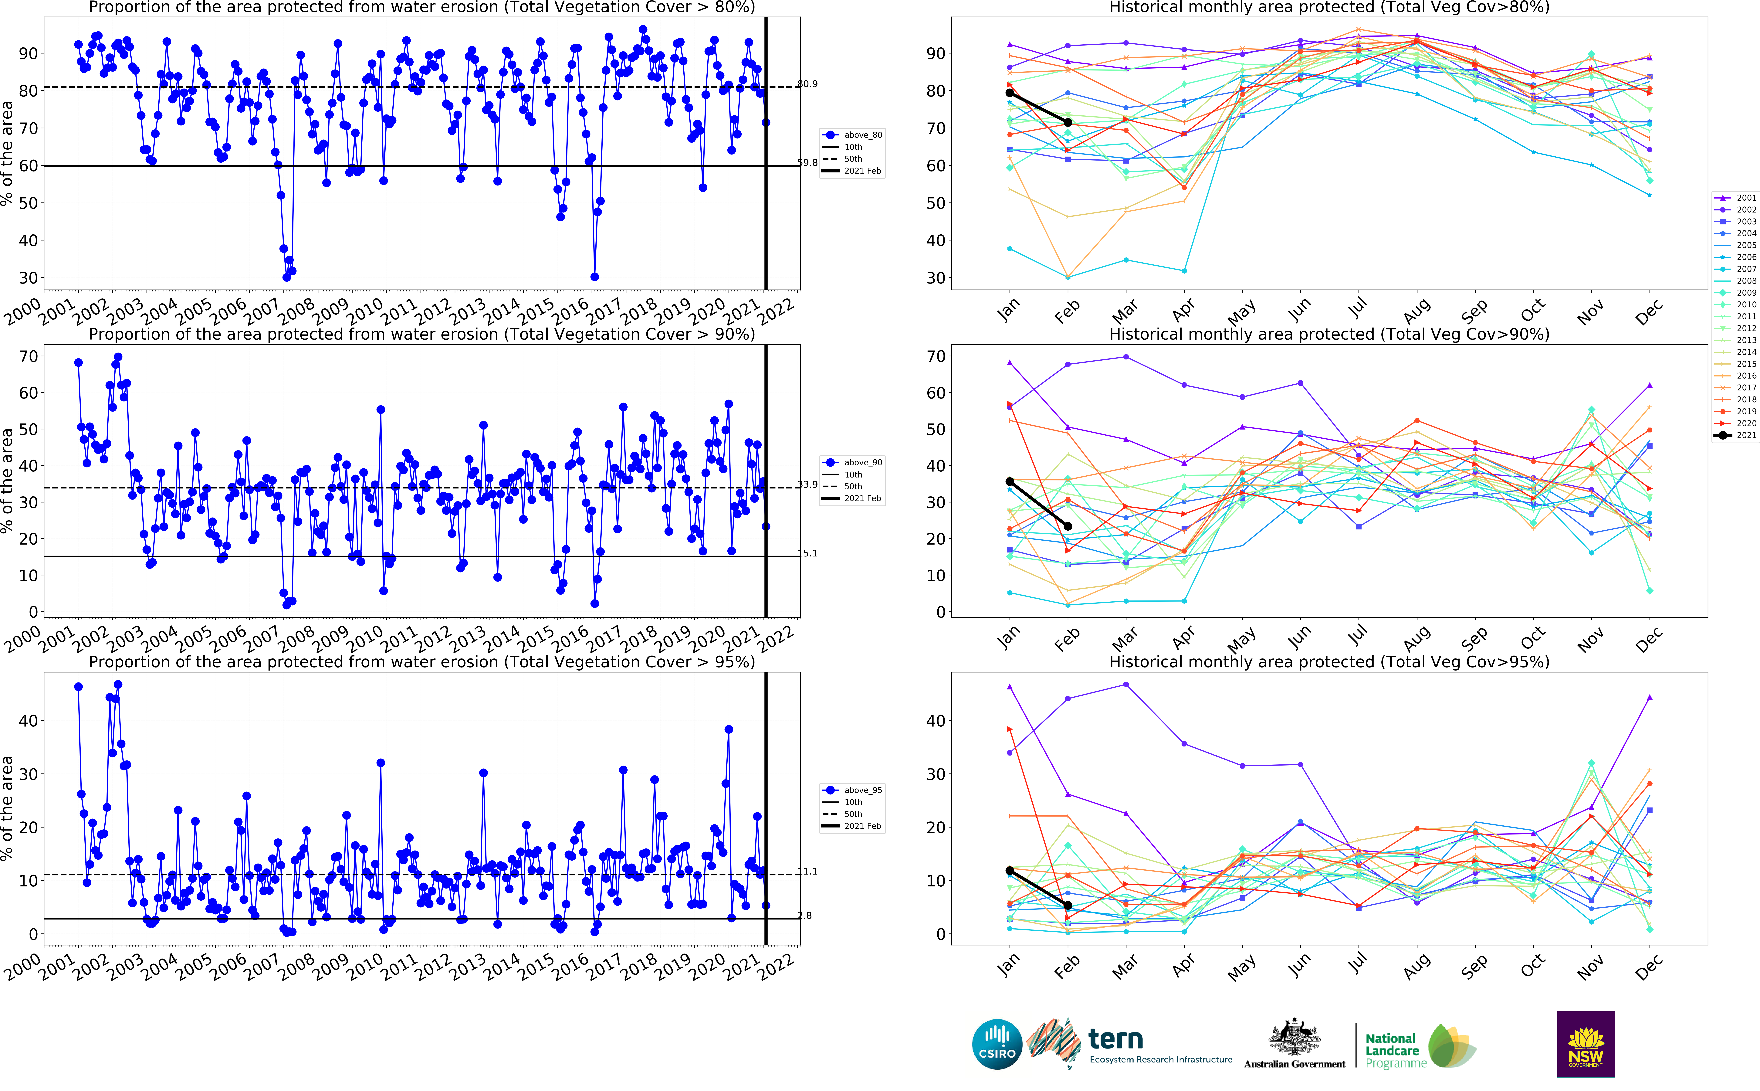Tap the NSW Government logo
[1586, 1044]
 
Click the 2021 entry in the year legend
[1746, 435]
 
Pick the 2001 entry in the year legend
[1746, 198]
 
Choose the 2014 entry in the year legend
[1746, 352]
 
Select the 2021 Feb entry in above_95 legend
[862, 826]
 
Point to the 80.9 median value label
[808, 84]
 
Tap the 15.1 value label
[808, 553]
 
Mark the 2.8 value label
[805, 916]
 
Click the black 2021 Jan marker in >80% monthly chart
[1010, 93]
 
